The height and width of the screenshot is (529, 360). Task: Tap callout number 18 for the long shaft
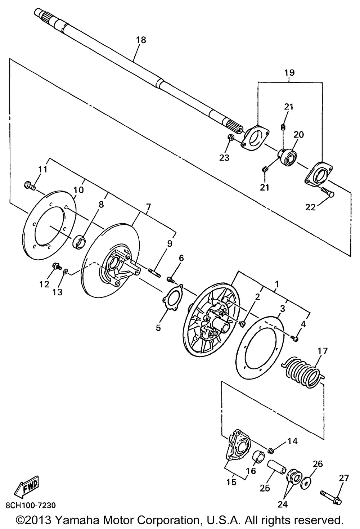click(141, 40)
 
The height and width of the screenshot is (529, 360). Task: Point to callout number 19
click(290, 72)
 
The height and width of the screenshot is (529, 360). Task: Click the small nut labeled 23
click(231, 137)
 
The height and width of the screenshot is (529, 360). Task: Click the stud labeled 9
click(155, 273)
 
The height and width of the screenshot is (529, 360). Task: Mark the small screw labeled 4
click(296, 339)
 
